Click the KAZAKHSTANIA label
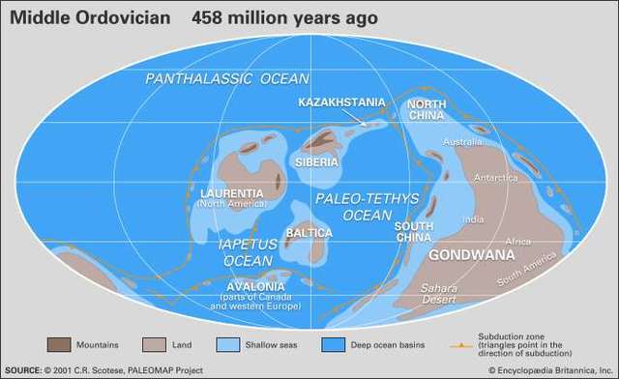pos(341,102)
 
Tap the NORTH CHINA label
pos(425,110)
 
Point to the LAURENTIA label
pos(227,192)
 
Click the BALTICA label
pos(309,233)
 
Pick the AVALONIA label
pos(255,287)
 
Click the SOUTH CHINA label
pos(413,231)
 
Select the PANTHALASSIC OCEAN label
pos(227,78)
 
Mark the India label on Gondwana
pos(473,219)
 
